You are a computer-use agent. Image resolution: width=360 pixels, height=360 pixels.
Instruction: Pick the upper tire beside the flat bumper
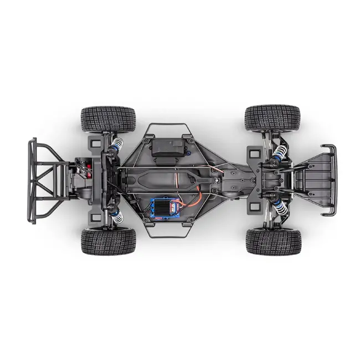coord(272,118)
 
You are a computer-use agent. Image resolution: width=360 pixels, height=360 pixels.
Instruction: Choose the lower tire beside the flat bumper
coord(273,241)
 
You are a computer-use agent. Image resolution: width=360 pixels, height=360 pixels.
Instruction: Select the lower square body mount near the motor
coord(92,213)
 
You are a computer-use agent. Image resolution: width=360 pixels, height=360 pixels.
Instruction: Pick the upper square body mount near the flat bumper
coord(254,152)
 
